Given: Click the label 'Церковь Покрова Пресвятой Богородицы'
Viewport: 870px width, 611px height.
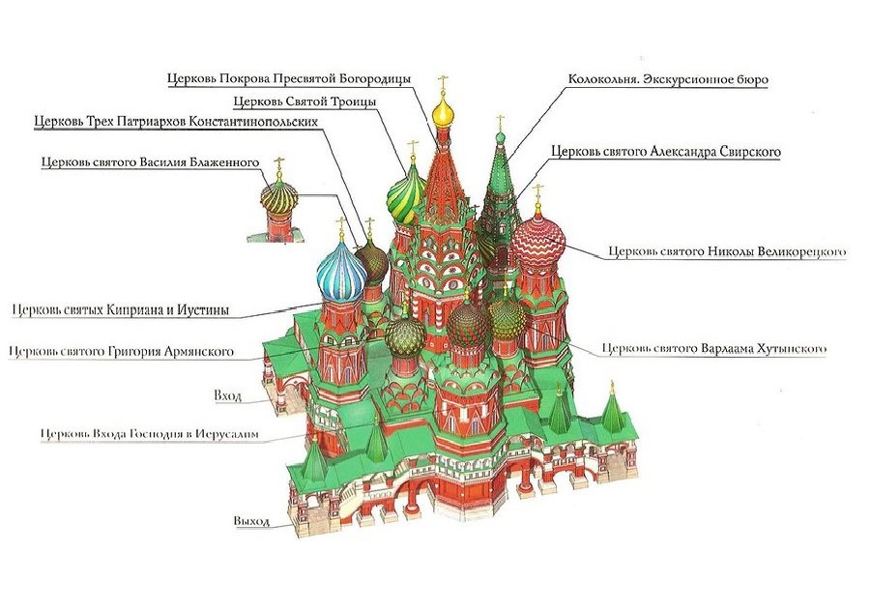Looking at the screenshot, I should (x=289, y=78).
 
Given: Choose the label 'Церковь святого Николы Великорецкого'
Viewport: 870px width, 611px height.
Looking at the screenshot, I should (x=727, y=252).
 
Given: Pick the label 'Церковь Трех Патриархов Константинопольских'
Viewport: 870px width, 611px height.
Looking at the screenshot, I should (x=175, y=122).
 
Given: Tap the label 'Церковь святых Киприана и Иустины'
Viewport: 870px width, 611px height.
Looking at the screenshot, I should (x=121, y=310).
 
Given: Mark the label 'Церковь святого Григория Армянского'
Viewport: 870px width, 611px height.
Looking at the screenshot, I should (x=121, y=351).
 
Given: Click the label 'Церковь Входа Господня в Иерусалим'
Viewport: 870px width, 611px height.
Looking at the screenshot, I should (x=150, y=435).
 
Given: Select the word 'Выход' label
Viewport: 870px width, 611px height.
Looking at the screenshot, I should (x=250, y=521).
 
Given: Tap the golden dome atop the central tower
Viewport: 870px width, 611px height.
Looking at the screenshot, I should (x=443, y=113).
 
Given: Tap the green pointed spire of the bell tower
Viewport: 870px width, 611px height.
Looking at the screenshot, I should (x=500, y=160).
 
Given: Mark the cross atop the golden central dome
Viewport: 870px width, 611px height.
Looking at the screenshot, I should (x=443, y=83).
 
